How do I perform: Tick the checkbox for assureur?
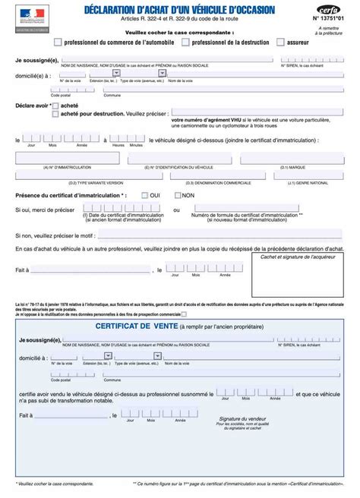[281, 43]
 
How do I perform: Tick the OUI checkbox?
[143, 196]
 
